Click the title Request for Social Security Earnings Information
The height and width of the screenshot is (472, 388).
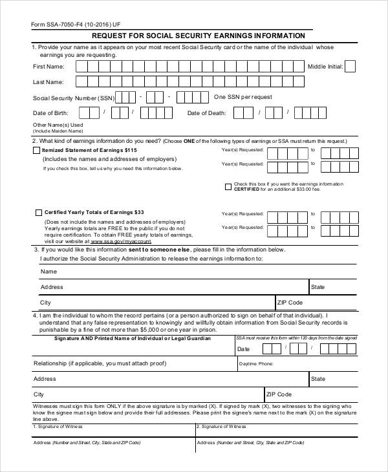(199, 36)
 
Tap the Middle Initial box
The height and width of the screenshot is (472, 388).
(350, 66)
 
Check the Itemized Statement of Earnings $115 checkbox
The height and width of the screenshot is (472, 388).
(36, 150)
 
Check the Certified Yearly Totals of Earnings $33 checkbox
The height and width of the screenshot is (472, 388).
(39, 212)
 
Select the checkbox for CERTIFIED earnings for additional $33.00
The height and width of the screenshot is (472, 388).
(228, 187)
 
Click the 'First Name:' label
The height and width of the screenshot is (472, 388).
(48, 67)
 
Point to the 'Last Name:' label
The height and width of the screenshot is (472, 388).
(48, 82)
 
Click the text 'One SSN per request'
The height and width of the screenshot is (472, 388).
(242, 97)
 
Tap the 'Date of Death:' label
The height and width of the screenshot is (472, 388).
(206, 113)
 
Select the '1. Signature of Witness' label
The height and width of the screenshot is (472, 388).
(58, 427)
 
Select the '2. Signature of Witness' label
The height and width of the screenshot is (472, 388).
(222, 427)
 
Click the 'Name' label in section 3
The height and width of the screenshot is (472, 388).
(49, 272)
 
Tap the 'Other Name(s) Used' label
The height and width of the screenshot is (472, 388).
(58, 125)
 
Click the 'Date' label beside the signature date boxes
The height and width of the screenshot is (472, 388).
(243, 349)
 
